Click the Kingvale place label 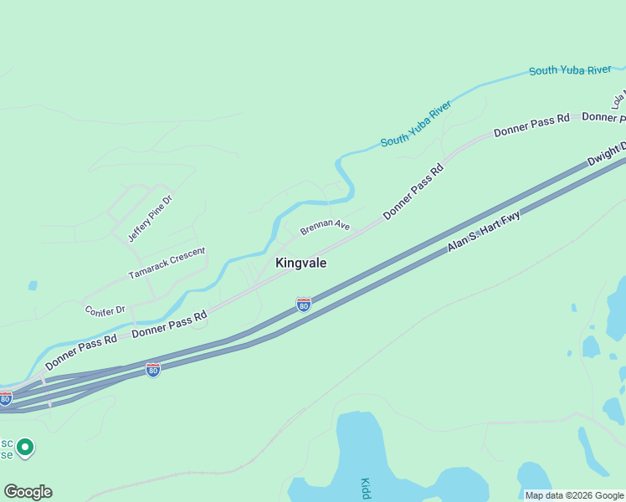coord(301,263)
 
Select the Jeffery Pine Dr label coord(149,218)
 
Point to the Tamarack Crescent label coord(167,263)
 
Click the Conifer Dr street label coord(105,310)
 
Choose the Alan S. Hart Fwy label coord(483,232)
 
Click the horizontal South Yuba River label coord(570,70)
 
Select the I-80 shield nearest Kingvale coord(304,305)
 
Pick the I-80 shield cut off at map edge coord(5,398)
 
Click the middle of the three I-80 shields coord(152,369)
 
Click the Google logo coord(28,492)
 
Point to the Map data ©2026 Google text coord(574,495)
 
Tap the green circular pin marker coord(25,448)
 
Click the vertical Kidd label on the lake coord(366,489)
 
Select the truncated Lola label coord(618,100)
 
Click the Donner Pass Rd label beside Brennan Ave coord(413,193)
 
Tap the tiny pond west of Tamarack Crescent coord(33,285)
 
